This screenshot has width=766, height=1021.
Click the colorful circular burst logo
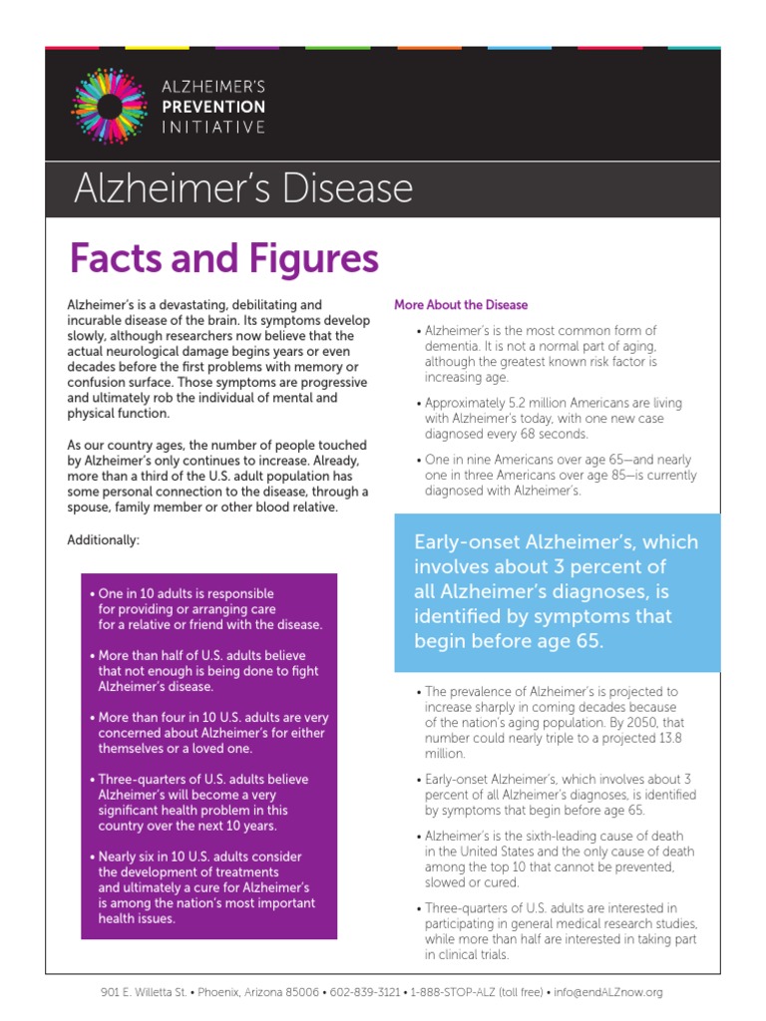[109, 105]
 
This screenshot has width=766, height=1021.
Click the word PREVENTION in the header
[213, 107]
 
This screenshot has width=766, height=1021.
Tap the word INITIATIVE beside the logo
[213, 127]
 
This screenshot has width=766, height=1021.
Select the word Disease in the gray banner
[335, 188]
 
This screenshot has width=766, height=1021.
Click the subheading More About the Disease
[461, 305]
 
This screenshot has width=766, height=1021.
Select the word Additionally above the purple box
[103, 540]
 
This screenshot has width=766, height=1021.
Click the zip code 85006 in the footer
[302, 992]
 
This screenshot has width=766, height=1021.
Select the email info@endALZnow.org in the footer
[608, 992]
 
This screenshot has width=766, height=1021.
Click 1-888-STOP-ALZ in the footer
[456, 992]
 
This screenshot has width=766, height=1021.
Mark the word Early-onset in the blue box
[464, 542]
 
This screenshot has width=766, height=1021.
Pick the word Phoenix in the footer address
[219, 992]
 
